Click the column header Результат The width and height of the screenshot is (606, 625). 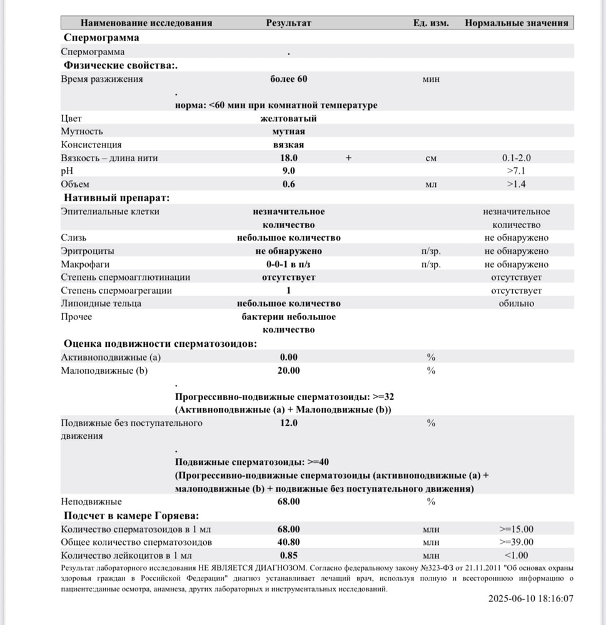288,23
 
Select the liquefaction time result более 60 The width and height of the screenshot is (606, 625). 288,79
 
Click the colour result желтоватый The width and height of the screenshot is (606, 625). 288,118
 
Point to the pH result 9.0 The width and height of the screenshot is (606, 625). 288,171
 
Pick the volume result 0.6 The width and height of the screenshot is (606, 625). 288,184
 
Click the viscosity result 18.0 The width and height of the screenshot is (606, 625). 288,158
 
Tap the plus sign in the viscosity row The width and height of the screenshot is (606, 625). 349,158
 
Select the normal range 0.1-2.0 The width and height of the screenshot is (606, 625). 516,158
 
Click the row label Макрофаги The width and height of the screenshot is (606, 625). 82,264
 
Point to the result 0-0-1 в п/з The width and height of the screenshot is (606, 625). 288,264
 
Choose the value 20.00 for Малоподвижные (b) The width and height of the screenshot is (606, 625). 288,371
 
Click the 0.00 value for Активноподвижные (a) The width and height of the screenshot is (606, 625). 288,357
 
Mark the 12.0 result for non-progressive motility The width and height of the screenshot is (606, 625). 288,423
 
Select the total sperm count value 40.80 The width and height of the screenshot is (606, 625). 288,542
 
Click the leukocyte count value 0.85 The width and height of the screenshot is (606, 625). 288,555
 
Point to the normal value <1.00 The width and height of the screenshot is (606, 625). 516,555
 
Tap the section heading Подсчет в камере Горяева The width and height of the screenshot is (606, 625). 131,515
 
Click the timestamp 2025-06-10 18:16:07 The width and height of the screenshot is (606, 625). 530,598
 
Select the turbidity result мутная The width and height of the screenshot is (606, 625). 288,132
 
